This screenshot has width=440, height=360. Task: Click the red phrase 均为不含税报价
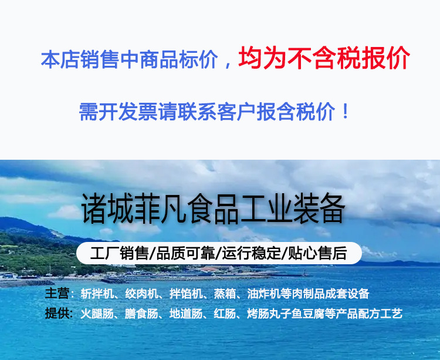tap(324, 59)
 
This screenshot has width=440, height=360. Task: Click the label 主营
tap(57, 294)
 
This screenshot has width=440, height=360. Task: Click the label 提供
tap(57, 314)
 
